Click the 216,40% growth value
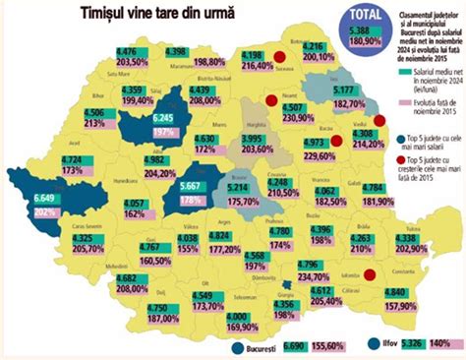(257, 66)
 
